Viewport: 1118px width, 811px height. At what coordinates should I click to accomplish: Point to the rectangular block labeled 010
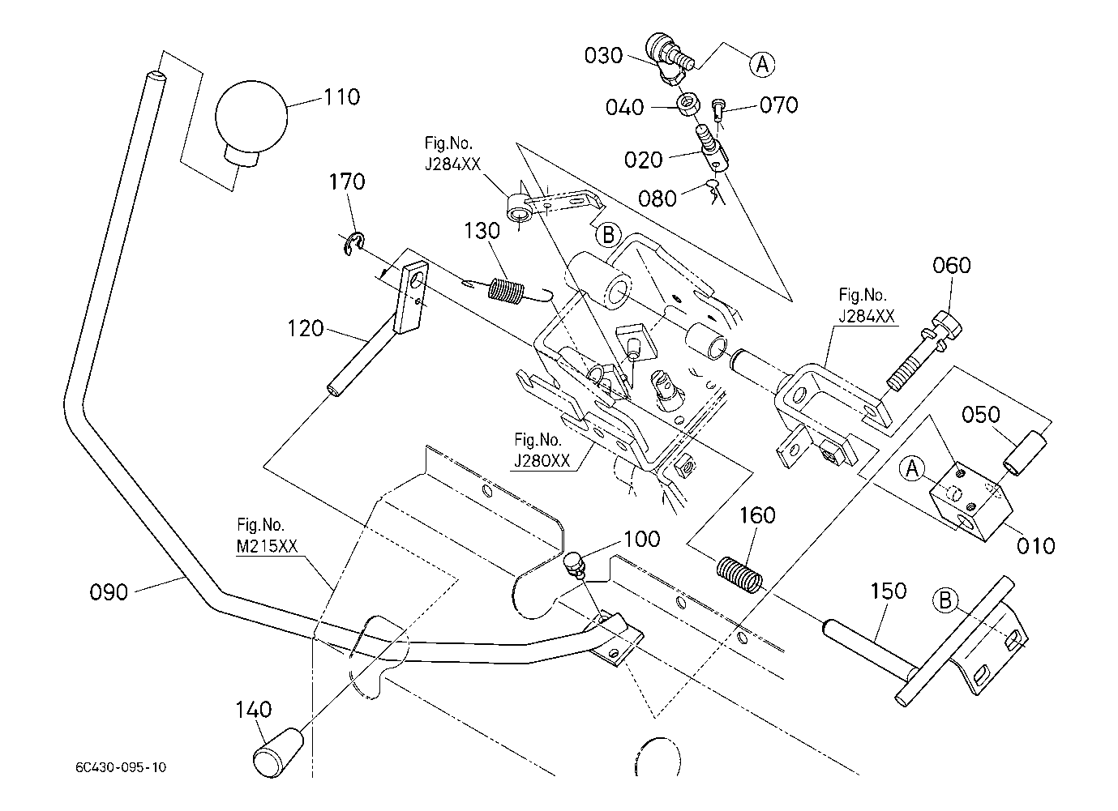pyautogui.click(x=969, y=502)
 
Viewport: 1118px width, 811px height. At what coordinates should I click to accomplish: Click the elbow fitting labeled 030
pyautogui.click(x=666, y=56)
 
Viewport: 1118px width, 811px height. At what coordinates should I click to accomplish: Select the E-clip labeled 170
pyautogui.click(x=354, y=241)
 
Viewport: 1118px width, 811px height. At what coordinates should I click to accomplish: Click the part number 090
pyautogui.click(x=109, y=592)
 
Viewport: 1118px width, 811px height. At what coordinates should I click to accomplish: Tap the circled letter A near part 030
pyautogui.click(x=761, y=63)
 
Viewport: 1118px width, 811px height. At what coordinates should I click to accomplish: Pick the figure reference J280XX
pyautogui.click(x=542, y=461)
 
